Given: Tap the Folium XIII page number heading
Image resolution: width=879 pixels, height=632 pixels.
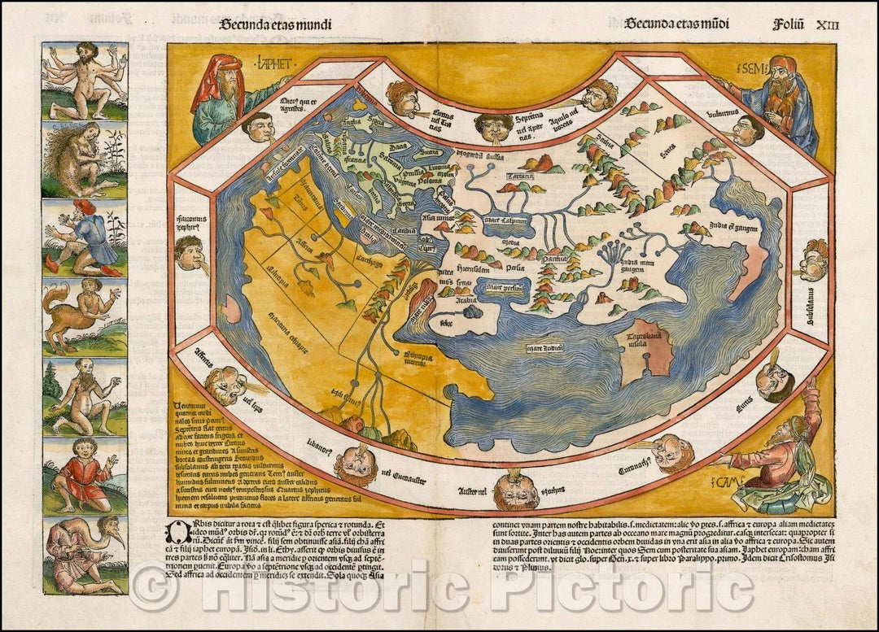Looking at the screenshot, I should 805,24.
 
